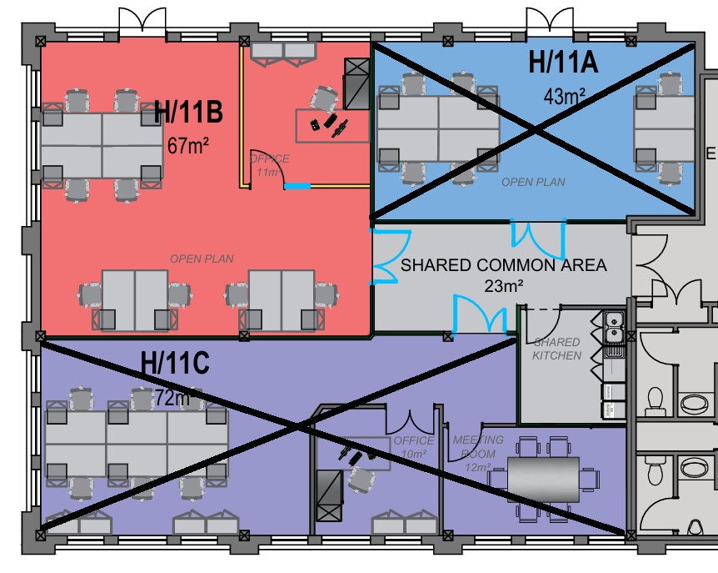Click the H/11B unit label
(187, 112)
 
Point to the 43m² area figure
(564, 94)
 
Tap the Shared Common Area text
(503, 265)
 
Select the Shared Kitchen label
(556, 349)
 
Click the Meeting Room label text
(477, 447)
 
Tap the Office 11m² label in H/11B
(269, 165)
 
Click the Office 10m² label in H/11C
(414, 446)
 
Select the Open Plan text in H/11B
(202, 259)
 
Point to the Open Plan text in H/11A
(533, 182)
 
